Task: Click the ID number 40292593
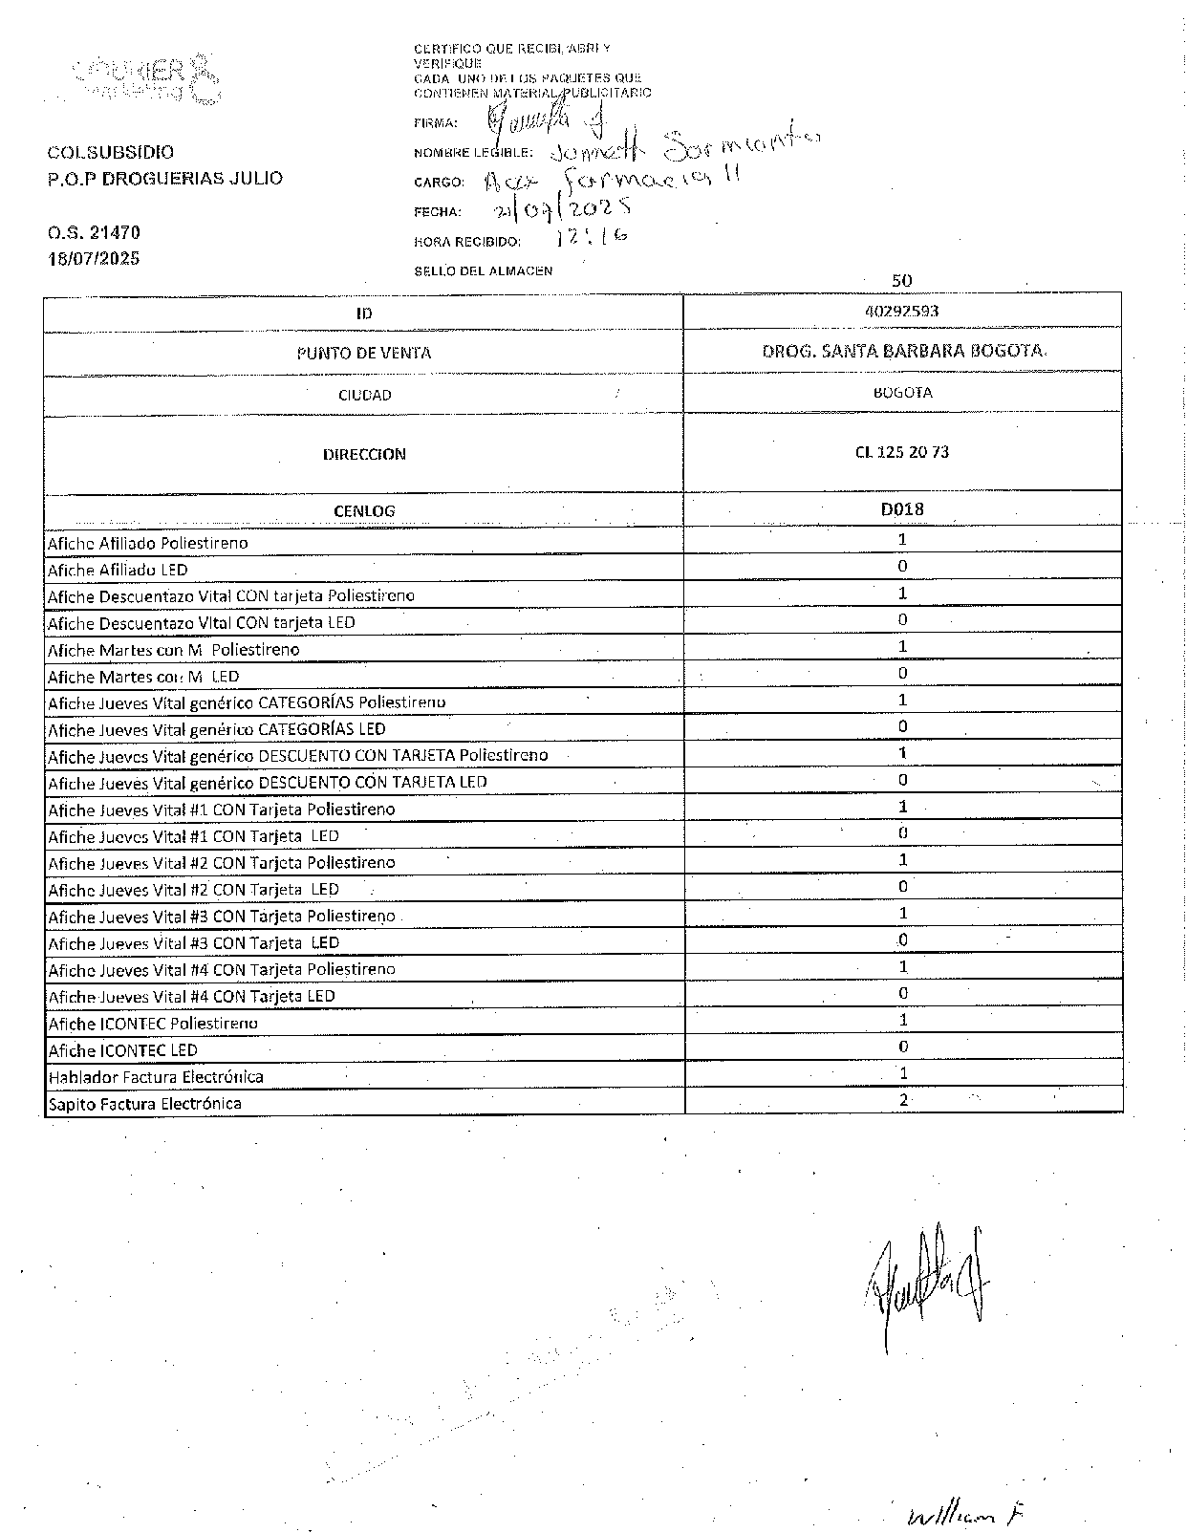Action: tap(901, 311)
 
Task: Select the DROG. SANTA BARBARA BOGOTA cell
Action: tap(903, 351)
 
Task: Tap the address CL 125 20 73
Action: tap(902, 452)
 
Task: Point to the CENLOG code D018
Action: tap(902, 508)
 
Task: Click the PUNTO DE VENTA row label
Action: tap(364, 353)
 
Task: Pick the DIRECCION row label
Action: tap(364, 454)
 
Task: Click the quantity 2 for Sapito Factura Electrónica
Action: tap(903, 1100)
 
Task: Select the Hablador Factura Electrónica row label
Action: tap(156, 1077)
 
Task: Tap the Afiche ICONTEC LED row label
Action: tap(122, 1050)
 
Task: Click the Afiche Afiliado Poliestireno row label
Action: tap(148, 543)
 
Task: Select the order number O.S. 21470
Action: tap(94, 232)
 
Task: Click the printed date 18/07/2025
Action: tap(94, 258)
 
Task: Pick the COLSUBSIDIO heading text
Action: tap(111, 152)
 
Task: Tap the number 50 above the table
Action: tap(901, 281)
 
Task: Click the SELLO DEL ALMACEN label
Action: tap(483, 271)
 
